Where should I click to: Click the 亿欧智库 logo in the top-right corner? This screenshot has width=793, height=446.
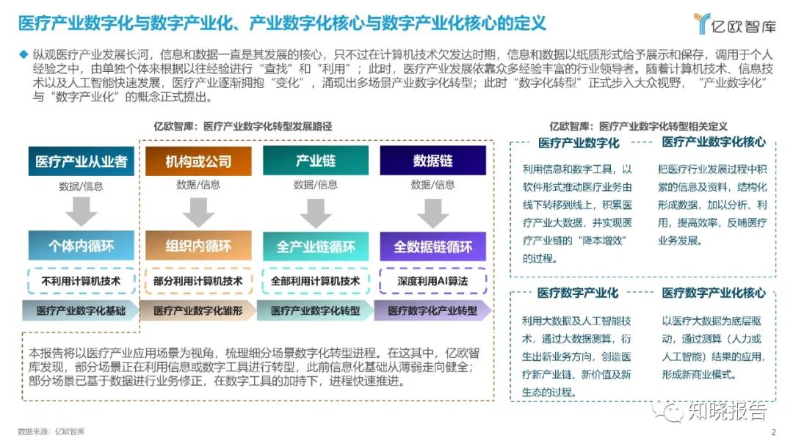[734, 24]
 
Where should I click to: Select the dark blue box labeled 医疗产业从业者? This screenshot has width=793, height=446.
[82, 161]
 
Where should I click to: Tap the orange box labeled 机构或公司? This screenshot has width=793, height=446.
[198, 161]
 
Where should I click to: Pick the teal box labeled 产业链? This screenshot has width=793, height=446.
[316, 161]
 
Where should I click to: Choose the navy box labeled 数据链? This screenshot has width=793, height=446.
[432, 161]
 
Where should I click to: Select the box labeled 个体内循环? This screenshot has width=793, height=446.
[82, 246]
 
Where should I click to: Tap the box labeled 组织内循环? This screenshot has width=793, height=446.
[198, 246]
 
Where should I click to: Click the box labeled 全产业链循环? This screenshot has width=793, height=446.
[316, 246]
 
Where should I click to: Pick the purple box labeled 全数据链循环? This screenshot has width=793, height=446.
[432, 246]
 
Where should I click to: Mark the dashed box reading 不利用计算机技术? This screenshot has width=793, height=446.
[82, 280]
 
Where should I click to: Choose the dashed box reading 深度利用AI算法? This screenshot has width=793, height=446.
[432, 280]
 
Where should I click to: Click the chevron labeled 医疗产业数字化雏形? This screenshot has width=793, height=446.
[198, 310]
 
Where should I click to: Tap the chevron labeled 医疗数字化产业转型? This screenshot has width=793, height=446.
[432, 310]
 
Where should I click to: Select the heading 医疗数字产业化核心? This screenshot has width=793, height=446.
[714, 293]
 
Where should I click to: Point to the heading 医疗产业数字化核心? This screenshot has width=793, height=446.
[714, 142]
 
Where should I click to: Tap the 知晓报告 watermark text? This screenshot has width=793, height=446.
[727, 411]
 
